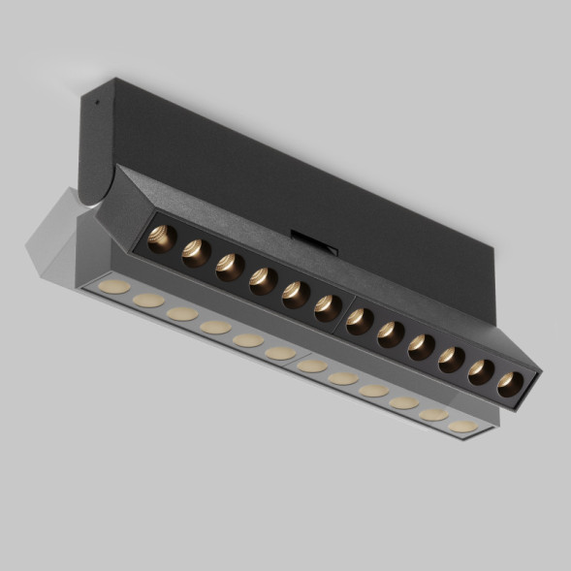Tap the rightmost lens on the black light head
tap(510, 382)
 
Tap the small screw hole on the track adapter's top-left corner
tap(94, 100)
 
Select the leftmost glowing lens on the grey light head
tap(115, 287)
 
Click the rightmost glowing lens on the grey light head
tap(462, 426)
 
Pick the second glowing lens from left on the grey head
tap(148, 301)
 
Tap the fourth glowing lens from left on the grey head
tap(215, 328)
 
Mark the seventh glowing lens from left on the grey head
tap(312, 365)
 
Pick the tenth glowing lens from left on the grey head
tap(403, 401)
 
